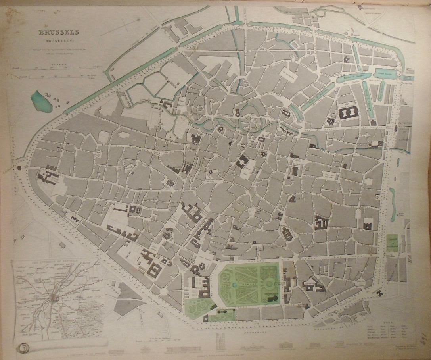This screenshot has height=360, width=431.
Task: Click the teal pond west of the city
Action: pos(40,100)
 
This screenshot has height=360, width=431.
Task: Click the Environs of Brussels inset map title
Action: pos(56,262)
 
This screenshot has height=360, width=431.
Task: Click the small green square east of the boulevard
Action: pos(393,243)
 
